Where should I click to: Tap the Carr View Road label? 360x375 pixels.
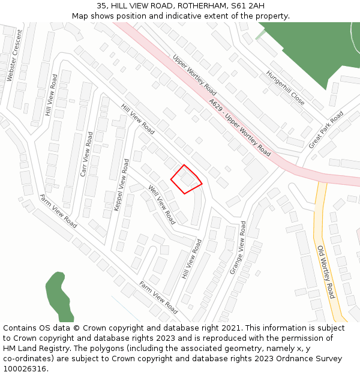[x=86, y=154]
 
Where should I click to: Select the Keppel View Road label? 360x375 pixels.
[x=121, y=185]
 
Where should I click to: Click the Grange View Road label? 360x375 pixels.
[x=238, y=247]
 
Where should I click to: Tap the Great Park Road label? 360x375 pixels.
[x=326, y=130]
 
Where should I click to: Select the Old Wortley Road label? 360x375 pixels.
[x=326, y=272]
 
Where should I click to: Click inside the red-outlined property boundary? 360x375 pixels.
[x=186, y=179]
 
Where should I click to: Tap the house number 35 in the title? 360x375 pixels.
[x=102, y=5]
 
